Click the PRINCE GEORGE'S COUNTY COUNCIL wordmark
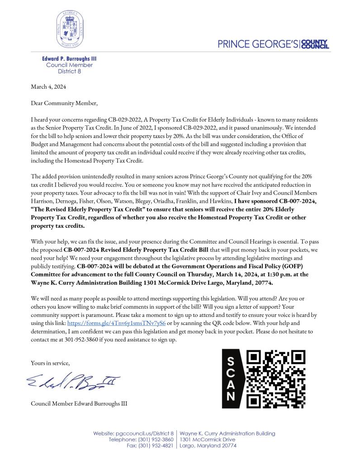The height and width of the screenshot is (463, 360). tap(273, 44)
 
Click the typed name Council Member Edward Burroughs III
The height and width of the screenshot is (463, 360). tap(79, 403)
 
